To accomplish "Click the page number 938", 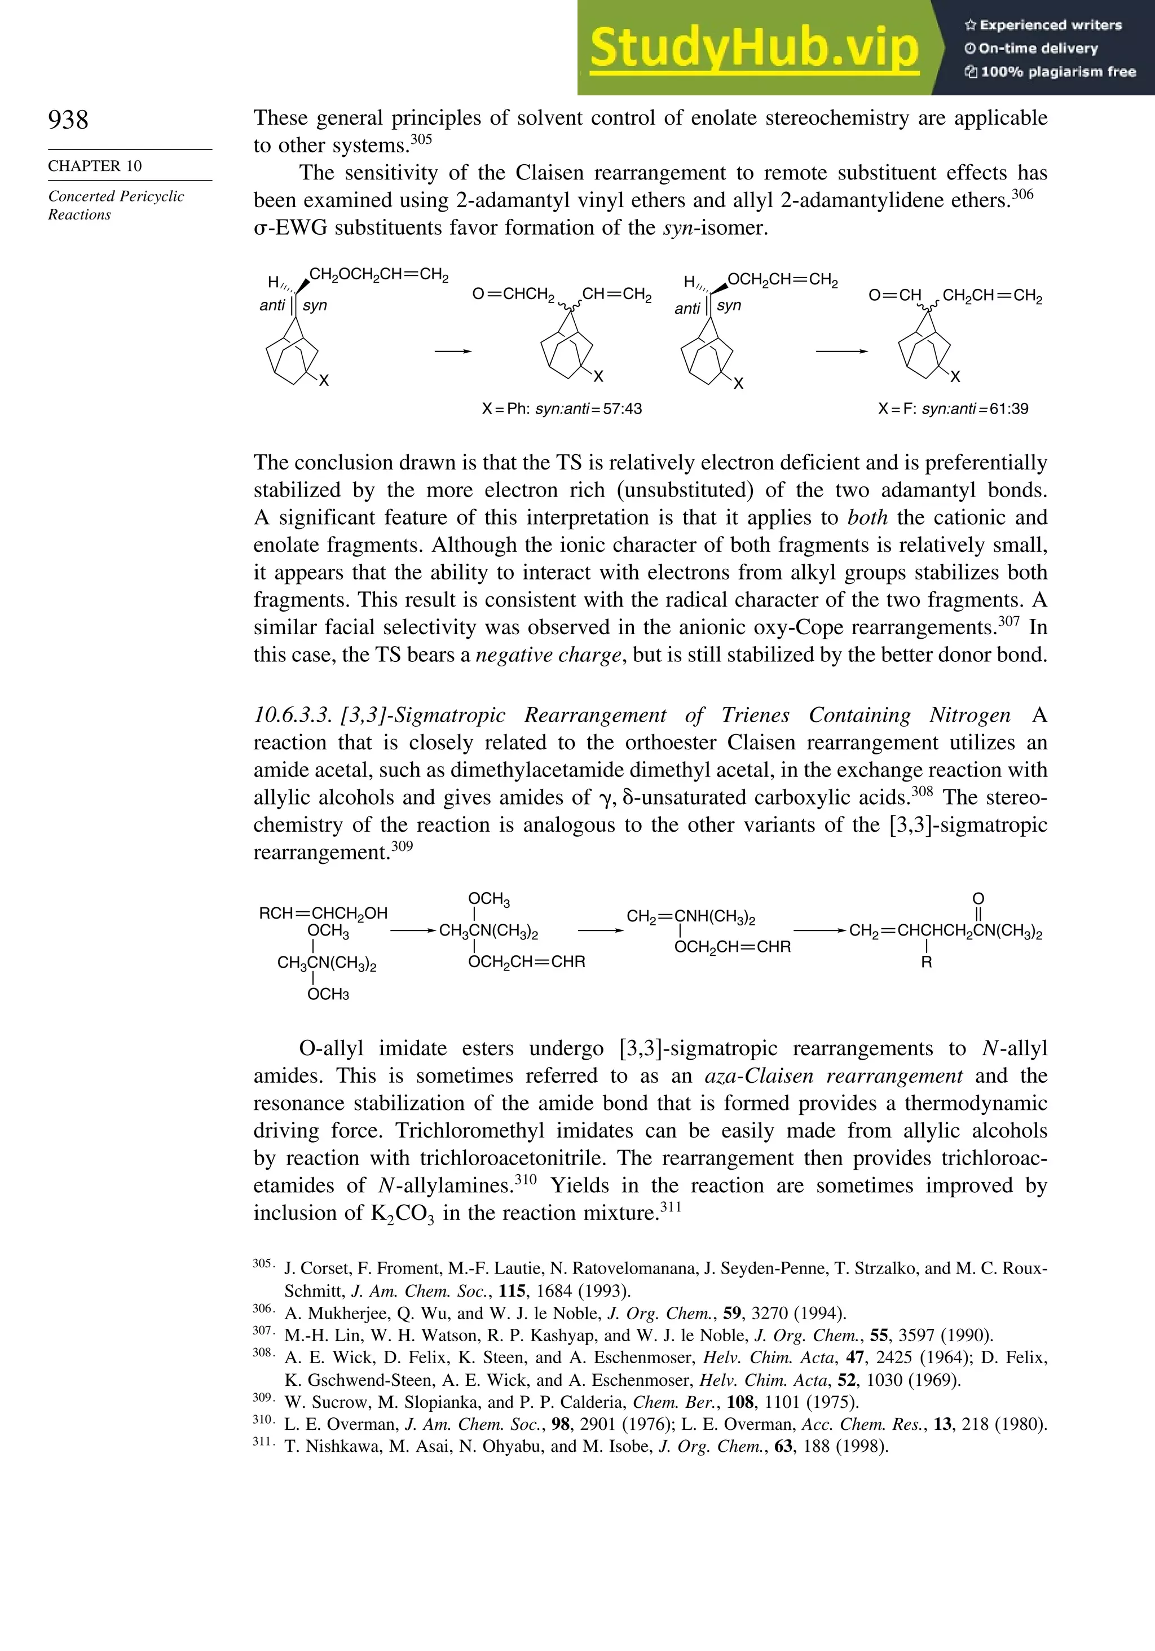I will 68,120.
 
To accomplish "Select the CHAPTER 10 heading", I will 95,166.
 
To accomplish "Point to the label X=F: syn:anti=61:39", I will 953,409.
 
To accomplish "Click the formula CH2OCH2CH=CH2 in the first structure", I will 379,275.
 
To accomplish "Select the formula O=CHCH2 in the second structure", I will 513,294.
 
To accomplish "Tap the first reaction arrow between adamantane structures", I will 453,352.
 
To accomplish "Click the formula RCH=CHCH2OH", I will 323,913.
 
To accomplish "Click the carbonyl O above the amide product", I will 977,899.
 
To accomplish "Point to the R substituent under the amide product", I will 927,963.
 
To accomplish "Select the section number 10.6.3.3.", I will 292,715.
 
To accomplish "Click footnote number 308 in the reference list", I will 262,1353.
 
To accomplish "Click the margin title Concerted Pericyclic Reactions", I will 116,205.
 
